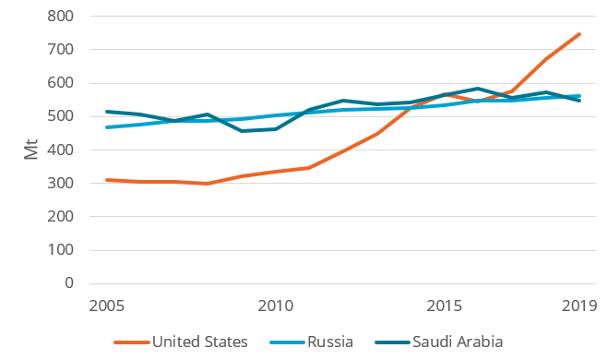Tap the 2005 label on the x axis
[107, 306]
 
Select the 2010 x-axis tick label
[276, 306]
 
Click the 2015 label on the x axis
[445, 306]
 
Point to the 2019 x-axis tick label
[579, 306]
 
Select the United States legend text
[200, 342]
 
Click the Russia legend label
[330, 342]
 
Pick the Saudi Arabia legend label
[459, 342]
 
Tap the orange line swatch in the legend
[130, 342]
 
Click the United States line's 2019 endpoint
[579, 34]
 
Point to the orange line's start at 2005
[107, 180]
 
